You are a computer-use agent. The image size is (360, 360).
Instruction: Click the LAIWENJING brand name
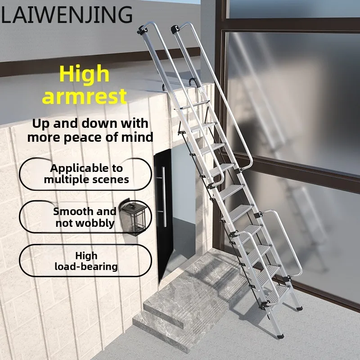click(67, 15)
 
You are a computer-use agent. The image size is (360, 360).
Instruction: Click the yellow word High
click(84, 74)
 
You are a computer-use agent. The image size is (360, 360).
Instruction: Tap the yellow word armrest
click(84, 96)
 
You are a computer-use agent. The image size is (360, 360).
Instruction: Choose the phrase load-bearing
click(86, 266)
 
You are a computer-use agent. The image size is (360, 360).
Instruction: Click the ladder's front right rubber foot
click(280, 336)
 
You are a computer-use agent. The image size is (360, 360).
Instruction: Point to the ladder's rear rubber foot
click(299, 308)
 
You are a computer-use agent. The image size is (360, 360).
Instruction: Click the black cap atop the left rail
click(141, 30)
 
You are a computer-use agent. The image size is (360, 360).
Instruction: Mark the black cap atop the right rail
click(175, 29)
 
